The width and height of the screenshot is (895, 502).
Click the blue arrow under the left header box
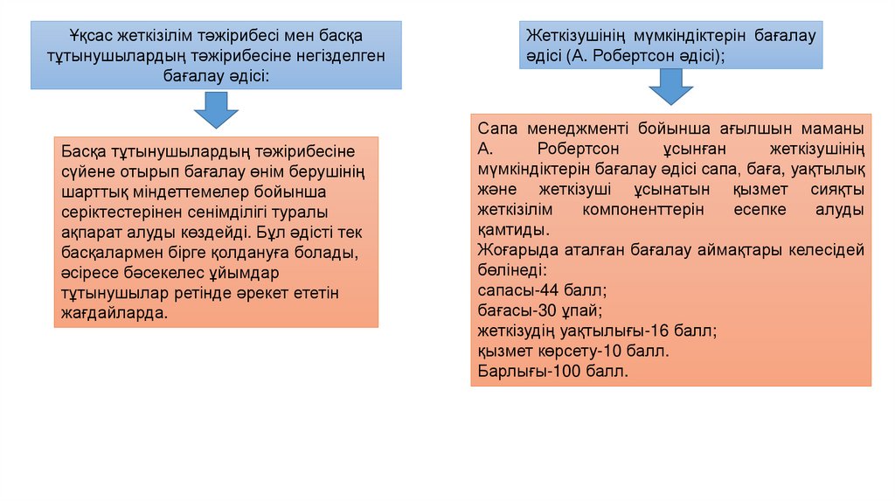click(215, 112)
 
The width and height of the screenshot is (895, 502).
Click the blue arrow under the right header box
click(670, 87)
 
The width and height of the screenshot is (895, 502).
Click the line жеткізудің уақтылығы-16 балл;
click(597, 331)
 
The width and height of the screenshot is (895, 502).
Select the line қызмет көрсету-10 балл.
click(573, 352)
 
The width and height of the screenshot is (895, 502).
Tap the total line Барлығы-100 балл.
click(553, 372)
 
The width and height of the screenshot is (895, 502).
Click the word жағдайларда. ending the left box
click(114, 312)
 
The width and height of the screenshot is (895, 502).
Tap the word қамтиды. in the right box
click(514, 230)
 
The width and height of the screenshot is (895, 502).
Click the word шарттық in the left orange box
click(91, 192)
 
